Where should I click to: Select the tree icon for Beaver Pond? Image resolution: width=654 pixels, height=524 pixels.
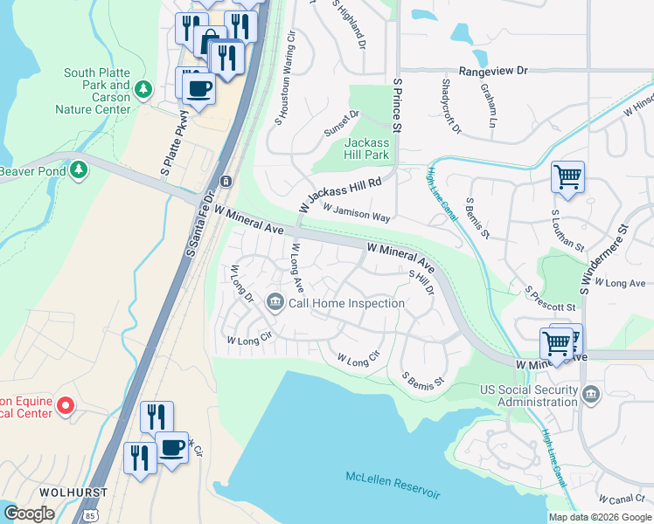(80, 169)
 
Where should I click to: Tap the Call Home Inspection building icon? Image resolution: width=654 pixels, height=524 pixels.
(275, 303)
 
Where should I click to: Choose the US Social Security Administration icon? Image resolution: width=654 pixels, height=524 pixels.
(591, 396)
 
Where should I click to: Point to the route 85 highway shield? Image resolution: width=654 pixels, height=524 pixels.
(92, 515)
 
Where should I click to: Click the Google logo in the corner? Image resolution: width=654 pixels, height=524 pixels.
(29, 514)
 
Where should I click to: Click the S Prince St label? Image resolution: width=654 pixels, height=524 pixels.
(397, 105)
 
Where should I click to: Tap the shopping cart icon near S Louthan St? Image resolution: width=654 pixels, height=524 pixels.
(567, 177)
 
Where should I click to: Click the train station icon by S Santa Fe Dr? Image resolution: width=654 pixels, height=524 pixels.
(226, 181)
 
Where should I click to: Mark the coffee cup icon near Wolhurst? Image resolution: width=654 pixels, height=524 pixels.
(172, 449)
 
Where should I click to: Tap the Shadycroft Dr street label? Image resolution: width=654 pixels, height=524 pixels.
(450, 106)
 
